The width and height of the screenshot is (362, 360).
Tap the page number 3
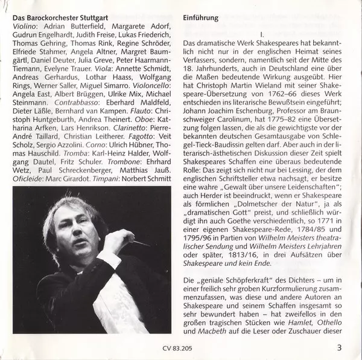(340, 346)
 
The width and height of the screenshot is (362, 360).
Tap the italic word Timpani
(118, 179)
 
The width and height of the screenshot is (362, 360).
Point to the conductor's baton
(141, 243)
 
